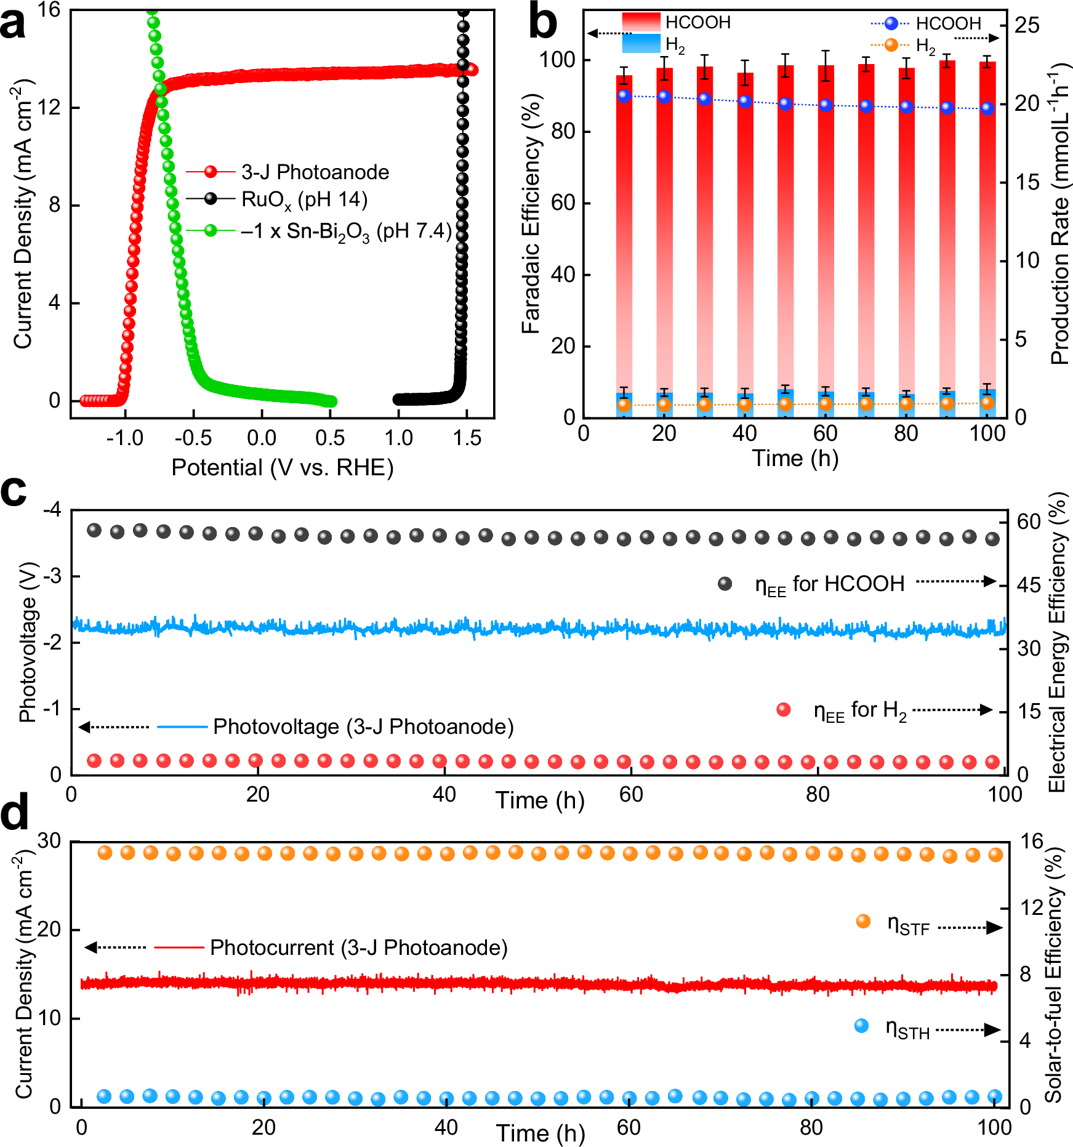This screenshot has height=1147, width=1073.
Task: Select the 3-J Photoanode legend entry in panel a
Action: (x=315, y=172)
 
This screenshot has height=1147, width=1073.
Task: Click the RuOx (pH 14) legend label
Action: (x=304, y=199)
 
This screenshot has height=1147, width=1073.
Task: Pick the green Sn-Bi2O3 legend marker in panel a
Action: (x=211, y=231)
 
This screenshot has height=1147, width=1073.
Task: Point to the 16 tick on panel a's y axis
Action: (x=49, y=10)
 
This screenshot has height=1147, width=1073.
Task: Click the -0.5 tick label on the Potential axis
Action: (x=193, y=438)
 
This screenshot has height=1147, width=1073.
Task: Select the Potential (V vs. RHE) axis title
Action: (x=282, y=467)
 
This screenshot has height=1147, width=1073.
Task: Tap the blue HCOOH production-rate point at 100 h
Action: (x=987, y=108)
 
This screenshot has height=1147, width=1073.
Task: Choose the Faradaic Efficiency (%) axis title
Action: (x=531, y=213)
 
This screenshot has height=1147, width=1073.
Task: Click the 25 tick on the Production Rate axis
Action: (x=1027, y=25)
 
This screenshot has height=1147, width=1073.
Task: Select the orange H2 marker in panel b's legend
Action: (x=890, y=45)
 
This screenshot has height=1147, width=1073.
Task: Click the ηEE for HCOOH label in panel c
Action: (x=829, y=584)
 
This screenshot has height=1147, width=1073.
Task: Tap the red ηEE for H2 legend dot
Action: (x=784, y=709)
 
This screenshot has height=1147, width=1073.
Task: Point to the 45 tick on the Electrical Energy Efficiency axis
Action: (x=1029, y=585)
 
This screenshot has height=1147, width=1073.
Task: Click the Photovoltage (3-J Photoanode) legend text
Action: (x=363, y=726)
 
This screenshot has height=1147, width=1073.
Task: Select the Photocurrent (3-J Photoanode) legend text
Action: (x=359, y=948)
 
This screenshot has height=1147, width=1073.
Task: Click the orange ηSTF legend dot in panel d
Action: (x=863, y=921)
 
